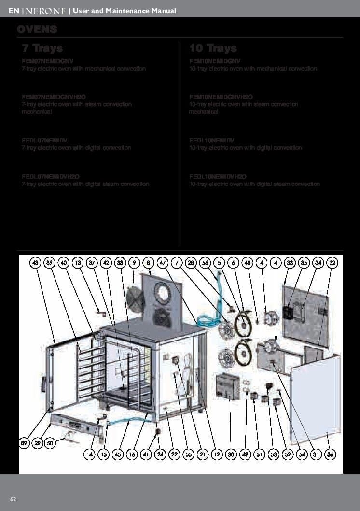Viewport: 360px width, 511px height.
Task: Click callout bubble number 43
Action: point(35,263)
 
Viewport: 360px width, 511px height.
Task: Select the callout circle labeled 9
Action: point(134,263)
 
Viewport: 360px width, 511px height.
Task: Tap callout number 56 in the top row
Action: point(205,263)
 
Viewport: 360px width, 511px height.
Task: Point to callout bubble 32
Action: point(332,263)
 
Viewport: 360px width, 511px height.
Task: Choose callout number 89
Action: point(24,443)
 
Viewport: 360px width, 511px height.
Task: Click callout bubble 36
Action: point(331,454)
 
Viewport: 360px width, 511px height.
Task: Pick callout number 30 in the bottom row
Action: point(231,454)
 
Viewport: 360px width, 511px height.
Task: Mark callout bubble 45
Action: point(118,454)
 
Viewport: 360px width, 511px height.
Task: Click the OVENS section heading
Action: point(37,29)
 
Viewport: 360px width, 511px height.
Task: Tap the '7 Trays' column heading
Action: point(42,48)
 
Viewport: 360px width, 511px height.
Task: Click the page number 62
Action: point(14,499)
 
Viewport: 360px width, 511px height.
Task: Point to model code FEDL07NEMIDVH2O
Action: point(50,176)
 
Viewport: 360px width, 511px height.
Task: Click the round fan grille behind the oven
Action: point(136,300)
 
